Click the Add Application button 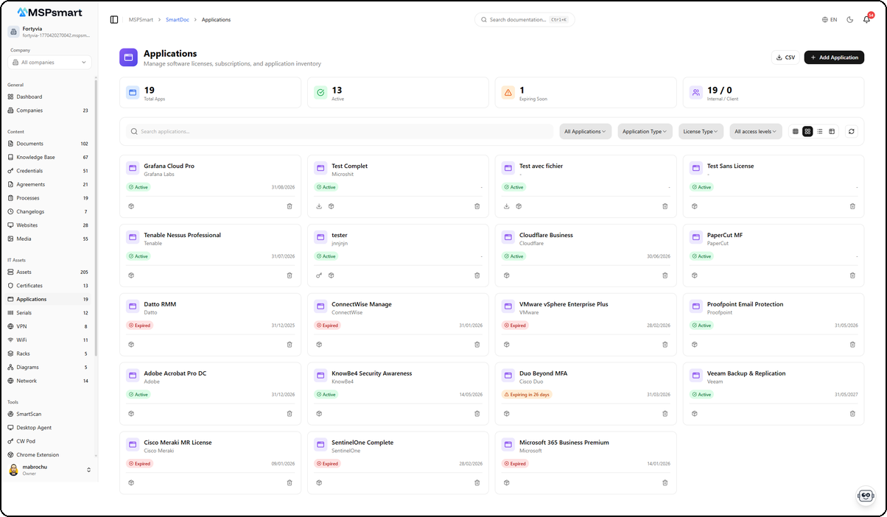[x=834, y=57]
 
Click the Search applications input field [x=339, y=132]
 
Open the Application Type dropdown [x=645, y=132]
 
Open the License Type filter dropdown [x=701, y=132]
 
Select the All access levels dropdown [x=756, y=132]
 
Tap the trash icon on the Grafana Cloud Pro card [x=290, y=206]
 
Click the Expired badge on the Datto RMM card [x=139, y=325]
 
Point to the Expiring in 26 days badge [x=527, y=394]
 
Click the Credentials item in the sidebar [x=29, y=171]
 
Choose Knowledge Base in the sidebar [x=35, y=157]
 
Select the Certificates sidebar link [x=29, y=286]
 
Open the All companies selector [x=49, y=63]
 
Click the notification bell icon [x=866, y=20]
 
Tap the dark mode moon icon [x=850, y=20]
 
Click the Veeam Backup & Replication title [x=746, y=373]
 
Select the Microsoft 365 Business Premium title [x=564, y=443]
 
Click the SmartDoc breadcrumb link [x=176, y=20]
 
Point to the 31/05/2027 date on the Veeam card [x=846, y=394]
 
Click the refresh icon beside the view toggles [x=851, y=132]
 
